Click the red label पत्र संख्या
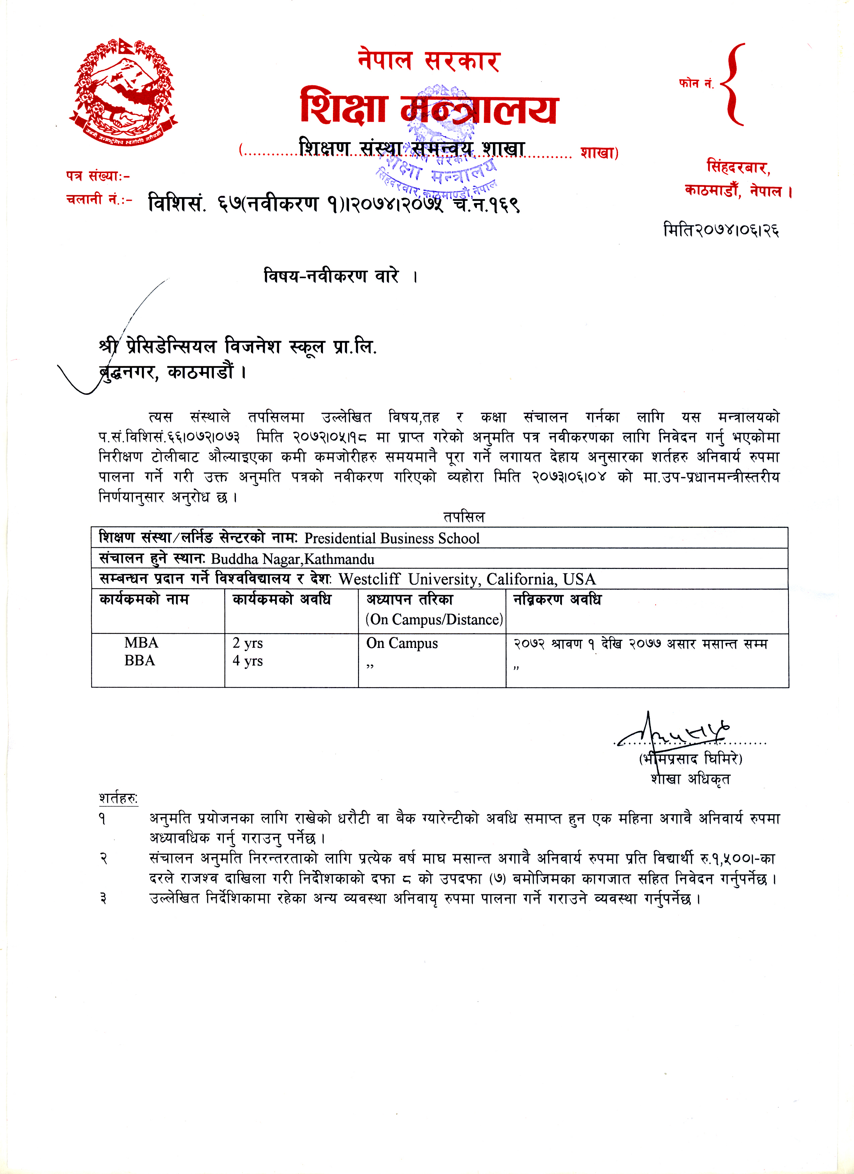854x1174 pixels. [x=97, y=176]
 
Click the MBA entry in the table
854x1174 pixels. [x=141, y=643]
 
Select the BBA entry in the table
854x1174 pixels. [x=140, y=661]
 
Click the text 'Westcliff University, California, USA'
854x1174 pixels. [x=467, y=579]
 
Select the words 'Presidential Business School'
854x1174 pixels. [x=392, y=538]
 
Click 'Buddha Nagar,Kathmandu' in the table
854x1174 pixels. [x=292, y=559]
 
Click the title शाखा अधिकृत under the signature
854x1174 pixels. [x=690, y=778]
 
